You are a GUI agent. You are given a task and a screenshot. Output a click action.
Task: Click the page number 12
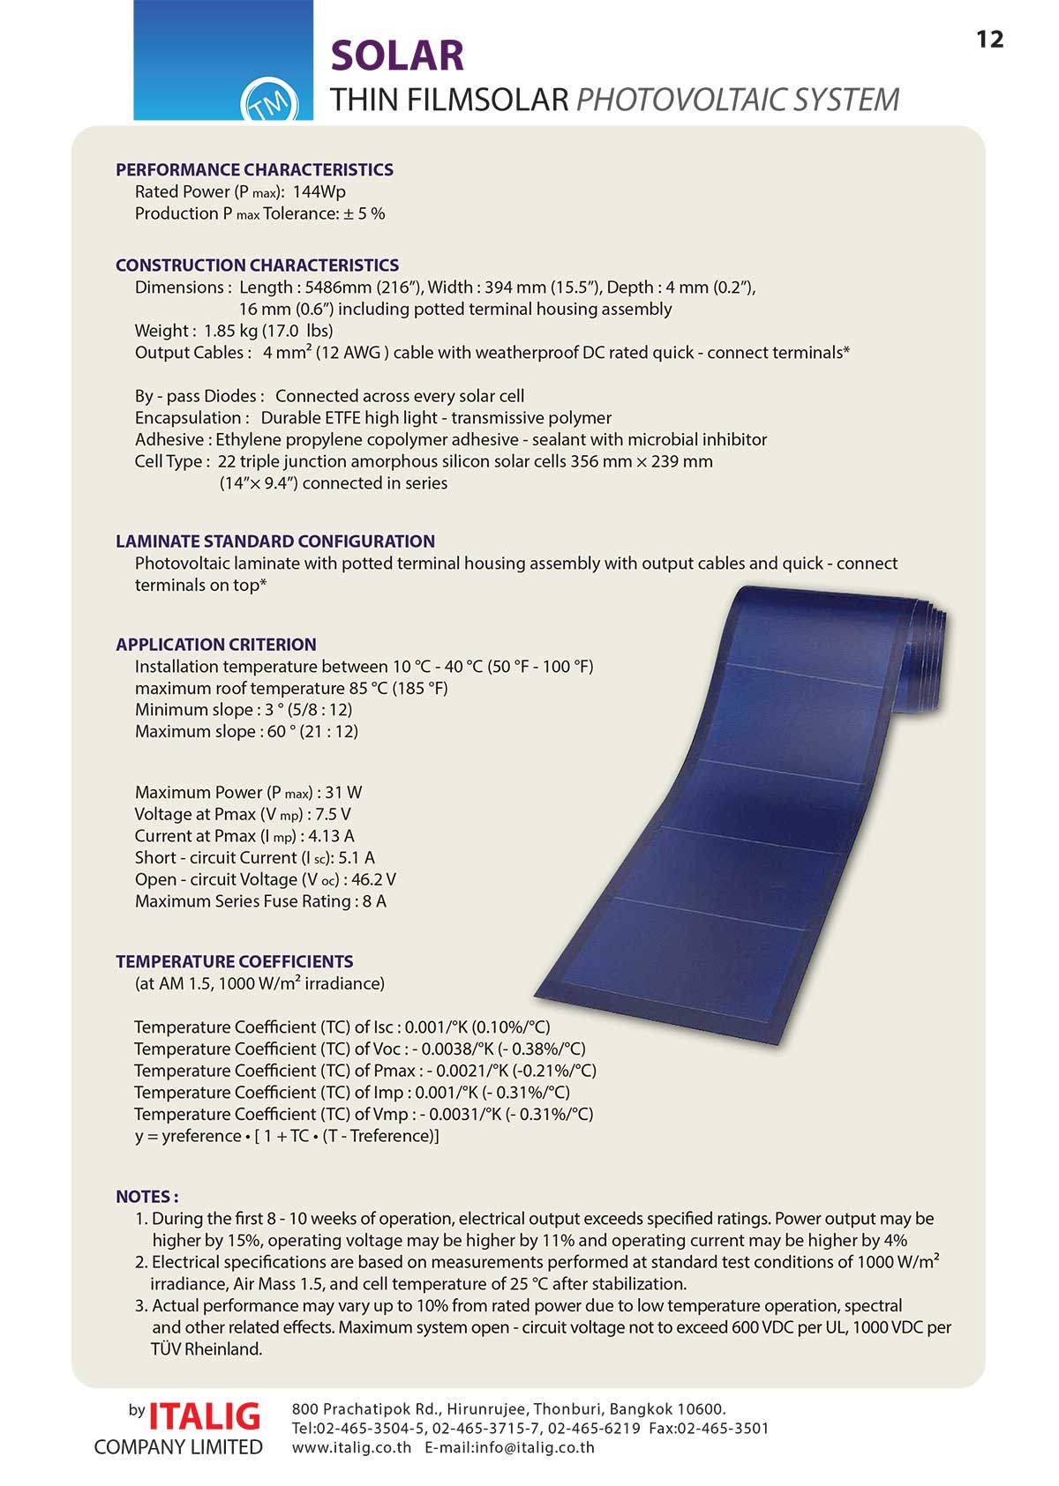pyautogui.click(x=990, y=40)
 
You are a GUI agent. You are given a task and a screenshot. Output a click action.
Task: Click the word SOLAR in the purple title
pyautogui.click(x=397, y=56)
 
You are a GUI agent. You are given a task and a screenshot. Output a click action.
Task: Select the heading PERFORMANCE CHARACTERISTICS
pyautogui.click(x=254, y=170)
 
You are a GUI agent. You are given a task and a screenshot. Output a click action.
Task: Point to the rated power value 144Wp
pyautogui.click(x=319, y=192)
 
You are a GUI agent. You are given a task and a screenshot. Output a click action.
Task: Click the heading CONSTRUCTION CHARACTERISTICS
pyautogui.click(x=257, y=265)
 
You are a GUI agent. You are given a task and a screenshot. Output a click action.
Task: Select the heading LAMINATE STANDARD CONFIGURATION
pyautogui.click(x=275, y=541)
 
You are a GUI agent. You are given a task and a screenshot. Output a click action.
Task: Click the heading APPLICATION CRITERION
pyautogui.click(x=216, y=645)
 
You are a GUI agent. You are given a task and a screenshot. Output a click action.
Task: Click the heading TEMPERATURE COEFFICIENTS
pyautogui.click(x=235, y=962)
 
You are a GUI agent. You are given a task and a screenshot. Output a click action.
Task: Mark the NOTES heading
pyautogui.click(x=146, y=1197)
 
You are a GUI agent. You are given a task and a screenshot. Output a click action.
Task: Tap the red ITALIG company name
pyautogui.click(x=205, y=1416)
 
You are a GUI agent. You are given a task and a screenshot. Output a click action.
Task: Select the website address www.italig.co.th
pyautogui.click(x=351, y=1447)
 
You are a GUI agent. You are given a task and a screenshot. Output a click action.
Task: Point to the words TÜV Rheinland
pyautogui.click(x=207, y=1349)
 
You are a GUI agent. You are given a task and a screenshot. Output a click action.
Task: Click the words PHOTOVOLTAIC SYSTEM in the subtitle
pyautogui.click(x=738, y=100)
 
